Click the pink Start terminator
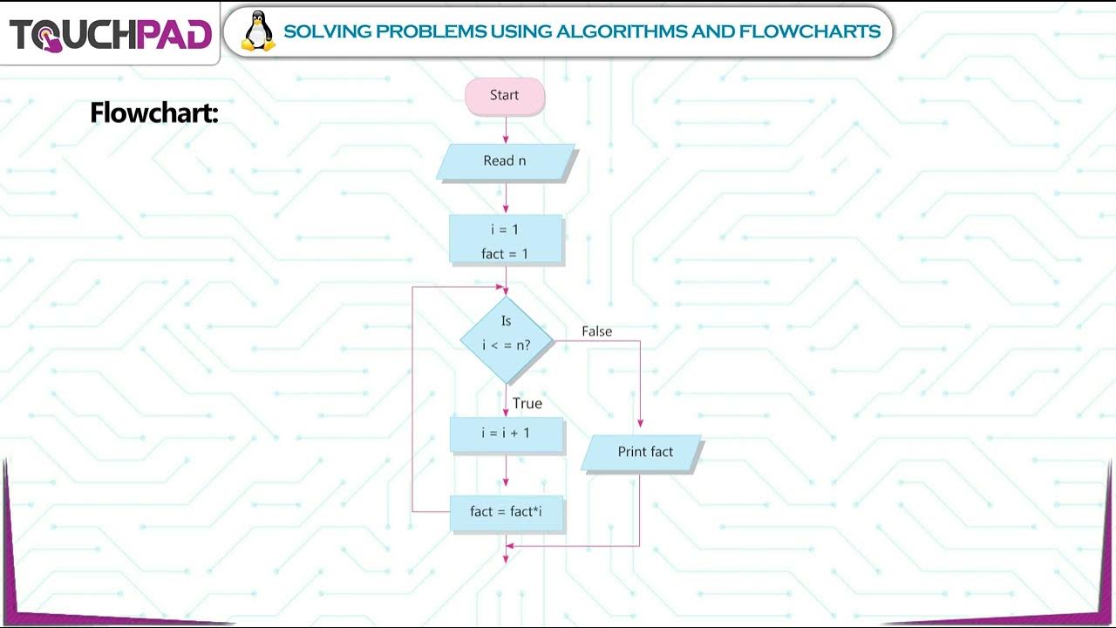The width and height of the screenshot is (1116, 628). point(505,96)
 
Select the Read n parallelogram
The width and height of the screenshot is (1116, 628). point(506,161)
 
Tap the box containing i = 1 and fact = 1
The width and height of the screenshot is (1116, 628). point(506,240)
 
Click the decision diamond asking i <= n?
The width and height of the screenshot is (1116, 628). point(507,339)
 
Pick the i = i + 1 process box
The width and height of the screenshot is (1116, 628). point(507,433)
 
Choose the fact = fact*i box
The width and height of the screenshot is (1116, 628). point(507,512)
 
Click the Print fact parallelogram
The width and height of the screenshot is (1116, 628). point(643,453)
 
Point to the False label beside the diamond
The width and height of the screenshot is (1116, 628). point(597,331)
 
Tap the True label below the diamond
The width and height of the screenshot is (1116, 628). point(527,403)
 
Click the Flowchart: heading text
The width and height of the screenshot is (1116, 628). point(153,113)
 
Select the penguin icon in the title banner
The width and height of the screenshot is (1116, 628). point(257,31)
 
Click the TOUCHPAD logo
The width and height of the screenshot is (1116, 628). point(110,34)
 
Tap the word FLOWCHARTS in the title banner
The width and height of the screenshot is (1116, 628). point(810,32)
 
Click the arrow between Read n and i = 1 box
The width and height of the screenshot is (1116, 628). point(506,198)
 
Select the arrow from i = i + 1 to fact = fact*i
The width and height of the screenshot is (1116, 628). point(506,474)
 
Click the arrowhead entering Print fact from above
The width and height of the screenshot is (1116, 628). point(640,423)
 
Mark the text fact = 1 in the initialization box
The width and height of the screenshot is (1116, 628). point(506,254)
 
